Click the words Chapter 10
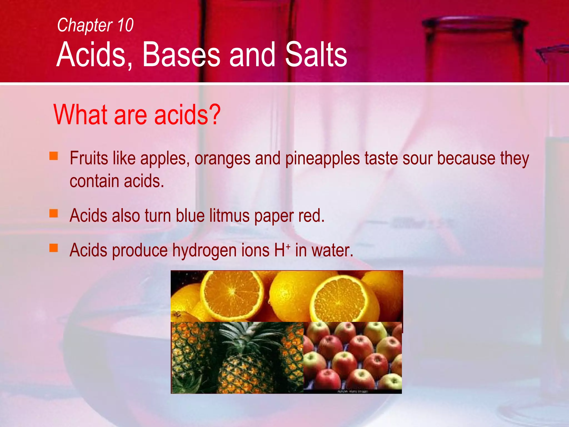pos(95,25)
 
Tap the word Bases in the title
pos(181,54)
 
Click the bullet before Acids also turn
pos(54,213)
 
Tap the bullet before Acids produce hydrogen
pos(54,248)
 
